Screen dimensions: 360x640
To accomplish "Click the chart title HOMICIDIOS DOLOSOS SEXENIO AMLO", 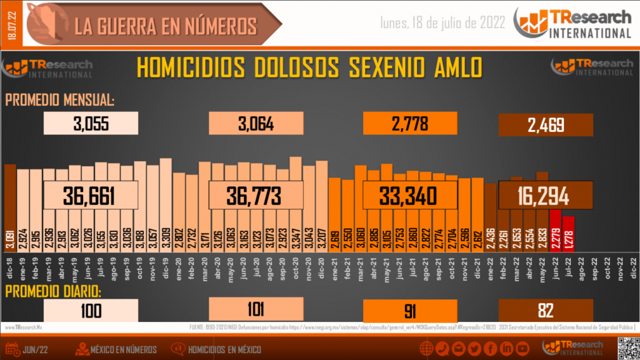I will (309, 67).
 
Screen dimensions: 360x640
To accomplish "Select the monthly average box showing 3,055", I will (91, 124).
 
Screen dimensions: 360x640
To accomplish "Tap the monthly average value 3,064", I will (256, 124).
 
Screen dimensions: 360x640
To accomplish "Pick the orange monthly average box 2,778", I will (410, 124).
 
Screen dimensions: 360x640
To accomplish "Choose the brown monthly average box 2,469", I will (546, 124).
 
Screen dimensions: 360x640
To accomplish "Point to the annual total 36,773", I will (255, 196).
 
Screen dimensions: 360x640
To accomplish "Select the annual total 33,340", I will (409, 196).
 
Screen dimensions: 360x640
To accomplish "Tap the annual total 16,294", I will (545, 196).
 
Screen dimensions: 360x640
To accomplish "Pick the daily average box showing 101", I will (256, 309).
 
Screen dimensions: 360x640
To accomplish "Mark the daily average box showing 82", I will (546, 310).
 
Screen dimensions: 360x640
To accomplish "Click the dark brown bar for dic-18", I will (10, 200).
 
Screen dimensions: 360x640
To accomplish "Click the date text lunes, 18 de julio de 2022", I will (443, 23).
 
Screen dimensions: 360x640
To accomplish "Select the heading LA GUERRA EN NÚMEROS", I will (166, 26).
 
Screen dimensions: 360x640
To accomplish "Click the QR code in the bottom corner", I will (627, 346).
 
